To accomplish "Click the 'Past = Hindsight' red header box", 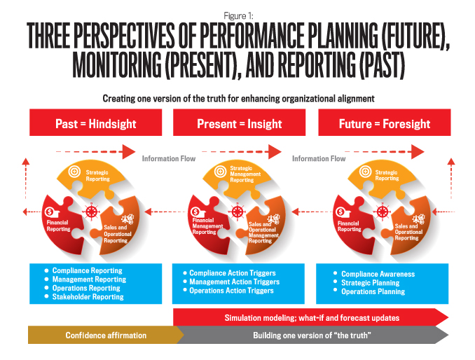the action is [96, 123].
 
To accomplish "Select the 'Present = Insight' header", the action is [239, 123].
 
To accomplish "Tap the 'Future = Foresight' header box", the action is [385, 123].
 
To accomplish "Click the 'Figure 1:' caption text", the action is [238, 15].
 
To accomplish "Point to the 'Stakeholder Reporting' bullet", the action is [88, 297].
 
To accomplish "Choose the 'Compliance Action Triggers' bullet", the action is [233, 273].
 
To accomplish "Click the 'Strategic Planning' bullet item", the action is [370, 283].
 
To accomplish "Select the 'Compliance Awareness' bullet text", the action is [378, 274].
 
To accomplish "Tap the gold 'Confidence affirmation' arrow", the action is [106, 335].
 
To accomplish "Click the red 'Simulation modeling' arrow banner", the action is [311, 317].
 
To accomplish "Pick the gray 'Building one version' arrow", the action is [312, 335].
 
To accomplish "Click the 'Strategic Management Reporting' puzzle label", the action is [245, 174].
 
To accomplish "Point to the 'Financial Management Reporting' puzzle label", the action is [207, 226].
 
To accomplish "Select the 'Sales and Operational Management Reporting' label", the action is [263, 233].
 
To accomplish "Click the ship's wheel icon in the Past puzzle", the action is [91, 211].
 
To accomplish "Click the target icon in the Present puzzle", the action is [220, 172].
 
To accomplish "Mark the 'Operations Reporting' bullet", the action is [86, 288].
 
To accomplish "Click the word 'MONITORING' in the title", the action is [117, 65].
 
